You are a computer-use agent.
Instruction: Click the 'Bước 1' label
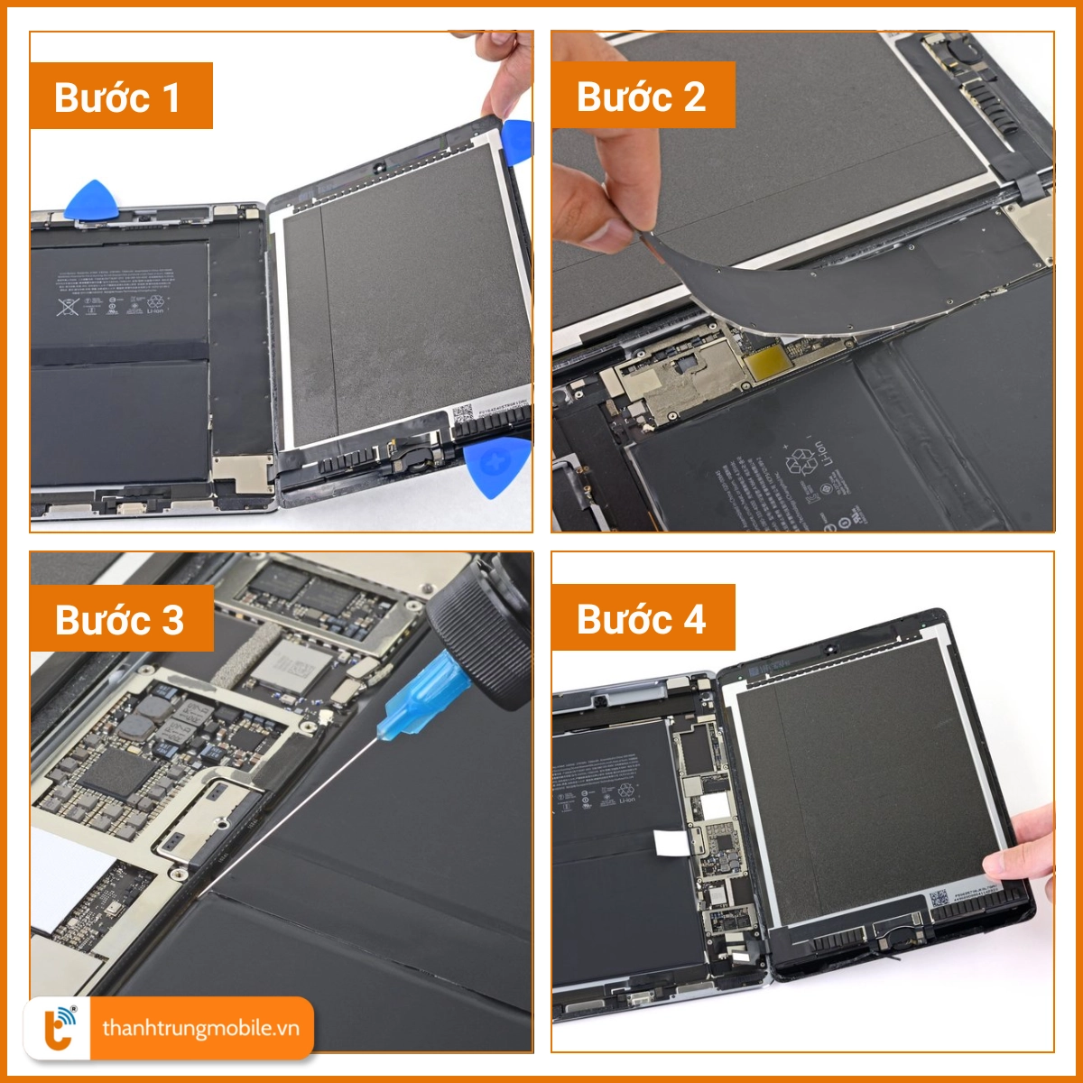pyautogui.click(x=121, y=97)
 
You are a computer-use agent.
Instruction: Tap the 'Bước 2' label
pyautogui.click(x=643, y=96)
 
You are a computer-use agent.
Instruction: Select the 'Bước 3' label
pyautogui.click(x=121, y=619)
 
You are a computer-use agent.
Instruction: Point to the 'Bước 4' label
pyautogui.click(x=643, y=619)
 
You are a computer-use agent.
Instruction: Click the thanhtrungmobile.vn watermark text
pyautogui.click(x=200, y=1028)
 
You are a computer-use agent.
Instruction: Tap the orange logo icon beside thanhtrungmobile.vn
pyautogui.click(x=60, y=1028)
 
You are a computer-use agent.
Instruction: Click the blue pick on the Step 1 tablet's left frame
pyautogui.click(x=90, y=200)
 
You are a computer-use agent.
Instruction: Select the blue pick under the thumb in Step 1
pyautogui.click(x=518, y=142)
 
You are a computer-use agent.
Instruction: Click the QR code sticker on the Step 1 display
pyautogui.click(x=462, y=414)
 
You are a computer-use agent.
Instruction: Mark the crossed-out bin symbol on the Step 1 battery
pyautogui.click(x=68, y=306)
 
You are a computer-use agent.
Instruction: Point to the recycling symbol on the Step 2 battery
pyautogui.click(x=800, y=462)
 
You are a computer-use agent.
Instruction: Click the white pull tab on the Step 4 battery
pyautogui.click(x=671, y=842)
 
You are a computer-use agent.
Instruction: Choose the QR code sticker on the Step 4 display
pyautogui.click(x=939, y=899)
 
